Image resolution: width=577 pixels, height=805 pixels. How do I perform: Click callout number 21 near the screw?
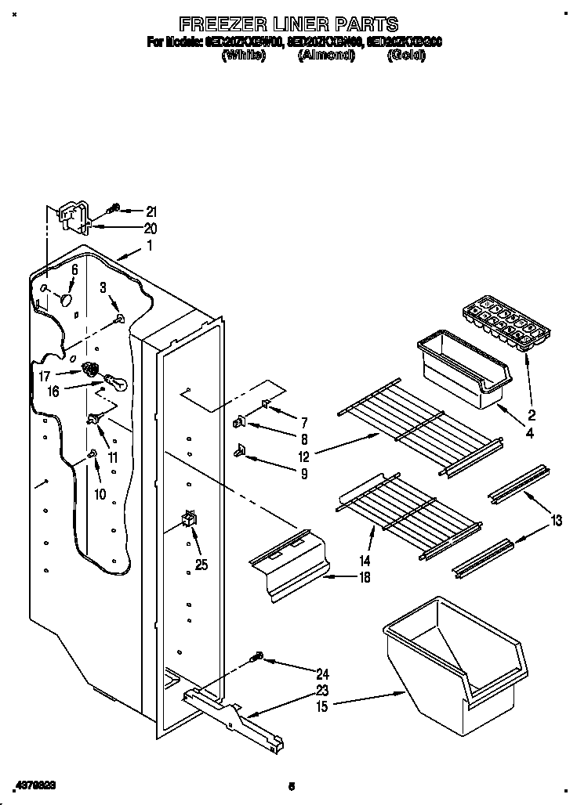151,211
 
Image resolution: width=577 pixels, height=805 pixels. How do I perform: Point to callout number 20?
151,229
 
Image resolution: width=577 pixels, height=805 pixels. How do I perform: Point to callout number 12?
303,456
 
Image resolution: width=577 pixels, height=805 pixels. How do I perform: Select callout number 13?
556,520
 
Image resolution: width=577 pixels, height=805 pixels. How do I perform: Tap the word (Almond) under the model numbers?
326,56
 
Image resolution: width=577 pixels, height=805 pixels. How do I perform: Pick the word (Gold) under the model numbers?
405,56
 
